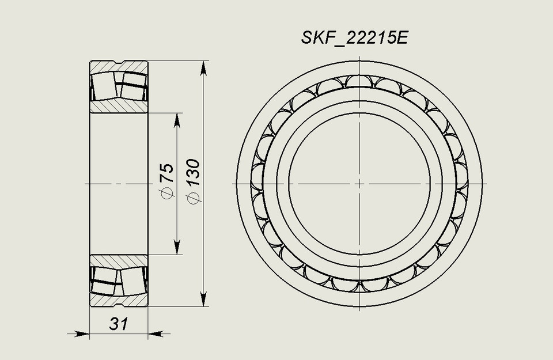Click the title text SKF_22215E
(355, 38)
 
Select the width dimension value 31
(118, 324)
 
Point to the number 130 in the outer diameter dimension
(193, 172)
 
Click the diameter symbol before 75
(167, 195)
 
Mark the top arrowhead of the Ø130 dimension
(203, 68)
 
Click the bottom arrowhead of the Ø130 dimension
(203, 300)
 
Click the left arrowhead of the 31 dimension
(82, 333)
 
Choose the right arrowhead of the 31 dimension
(156, 333)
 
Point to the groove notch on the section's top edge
(119, 63)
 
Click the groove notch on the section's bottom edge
(119, 304)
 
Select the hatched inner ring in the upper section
(119, 105)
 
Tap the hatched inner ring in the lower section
(119, 262)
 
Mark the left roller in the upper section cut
(105, 85)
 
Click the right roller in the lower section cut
(132, 281)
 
